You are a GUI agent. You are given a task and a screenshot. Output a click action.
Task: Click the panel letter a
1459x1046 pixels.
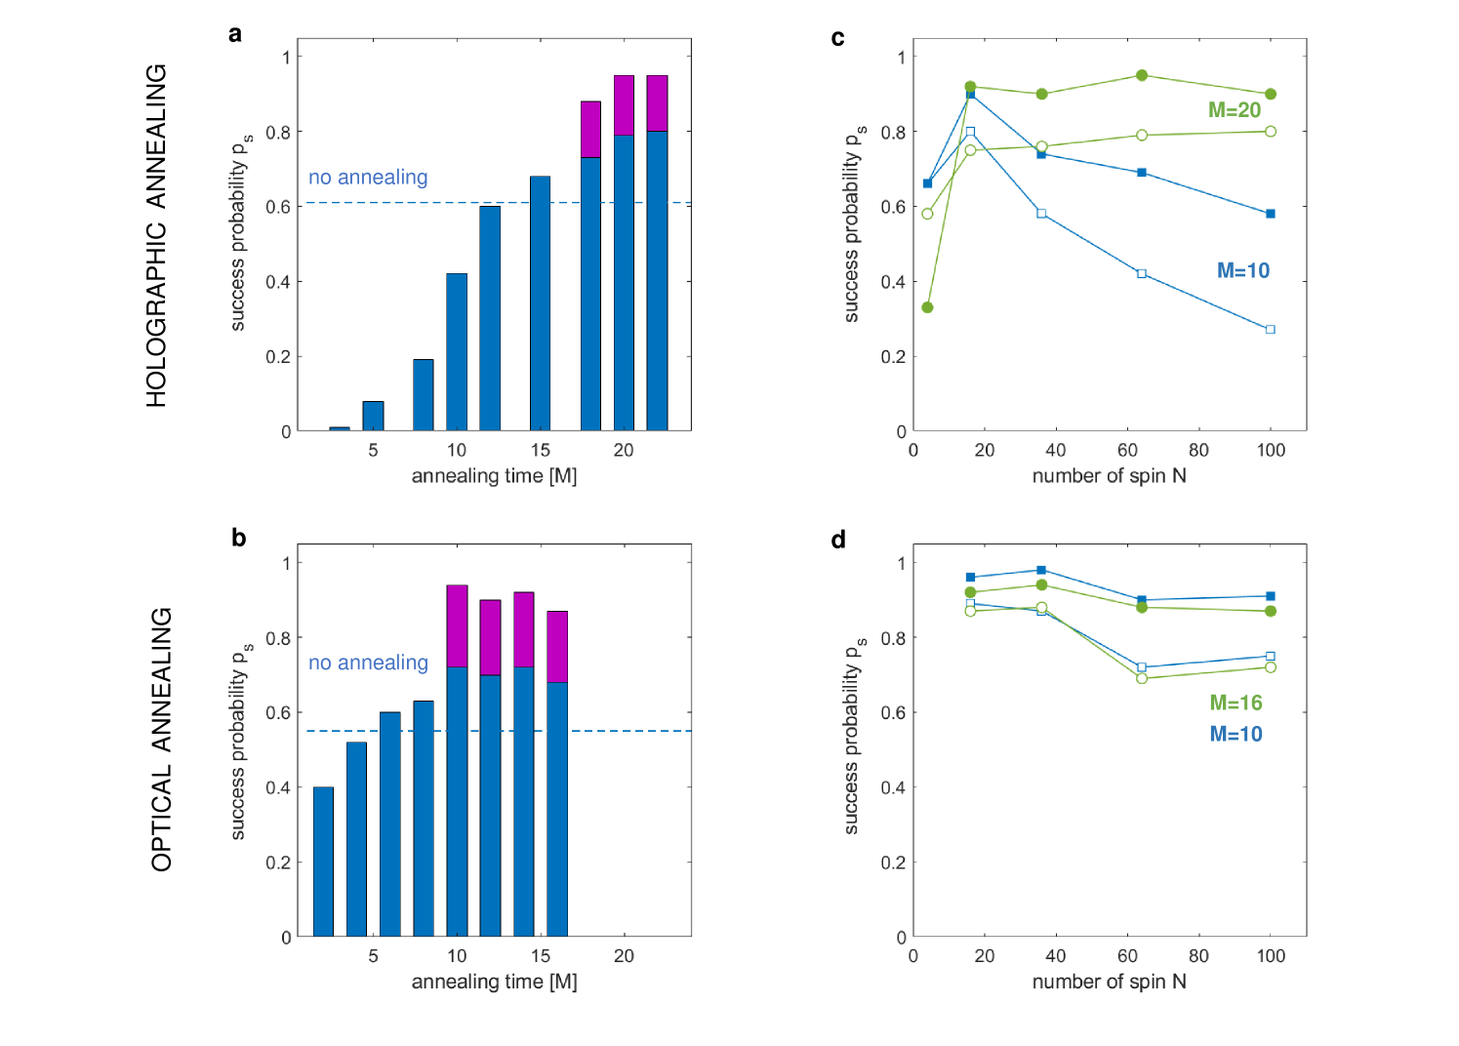tap(235, 35)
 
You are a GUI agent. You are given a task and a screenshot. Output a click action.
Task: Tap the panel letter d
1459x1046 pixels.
tap(838, 541)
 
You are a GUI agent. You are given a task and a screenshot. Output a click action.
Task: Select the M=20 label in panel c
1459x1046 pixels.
tap(1235, 110)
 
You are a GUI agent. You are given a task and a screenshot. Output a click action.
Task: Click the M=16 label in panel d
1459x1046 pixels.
tap(1236, 703)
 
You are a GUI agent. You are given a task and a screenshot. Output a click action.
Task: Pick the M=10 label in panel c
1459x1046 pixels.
tap(1242, 271)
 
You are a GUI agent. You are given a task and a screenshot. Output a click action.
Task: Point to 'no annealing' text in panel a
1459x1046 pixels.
tap(368, 178)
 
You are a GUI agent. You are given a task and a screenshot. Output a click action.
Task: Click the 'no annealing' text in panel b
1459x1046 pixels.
tap(368, 664)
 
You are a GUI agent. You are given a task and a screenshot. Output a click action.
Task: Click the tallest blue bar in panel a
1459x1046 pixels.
tap(657, 281)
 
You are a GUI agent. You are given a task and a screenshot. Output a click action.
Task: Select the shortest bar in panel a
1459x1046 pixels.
tap(340, 428)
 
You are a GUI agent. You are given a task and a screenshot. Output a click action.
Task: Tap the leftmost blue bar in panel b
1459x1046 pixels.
tap(323, 862)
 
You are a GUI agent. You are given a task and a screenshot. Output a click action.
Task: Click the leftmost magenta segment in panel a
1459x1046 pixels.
tap(590, 129)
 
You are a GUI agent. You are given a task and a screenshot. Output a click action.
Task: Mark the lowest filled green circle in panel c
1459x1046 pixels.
tap(927, 307)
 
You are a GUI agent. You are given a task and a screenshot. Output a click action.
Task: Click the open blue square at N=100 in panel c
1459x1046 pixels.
tap(1270, 330)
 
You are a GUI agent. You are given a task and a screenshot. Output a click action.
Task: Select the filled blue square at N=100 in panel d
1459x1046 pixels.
tap(1270, 596)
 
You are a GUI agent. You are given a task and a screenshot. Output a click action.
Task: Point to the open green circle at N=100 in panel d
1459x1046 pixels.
tap(1270, 667)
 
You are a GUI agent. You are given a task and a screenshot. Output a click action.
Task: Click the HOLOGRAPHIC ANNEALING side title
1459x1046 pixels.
tap(157, 235)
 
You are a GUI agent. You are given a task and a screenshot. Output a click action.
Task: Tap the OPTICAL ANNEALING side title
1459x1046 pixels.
tap(161, 740)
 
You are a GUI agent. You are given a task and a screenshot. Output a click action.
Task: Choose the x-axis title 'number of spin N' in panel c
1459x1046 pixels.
tap(1109, 476)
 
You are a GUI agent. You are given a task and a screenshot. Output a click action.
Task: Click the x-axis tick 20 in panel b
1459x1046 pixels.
tap(624, 956)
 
